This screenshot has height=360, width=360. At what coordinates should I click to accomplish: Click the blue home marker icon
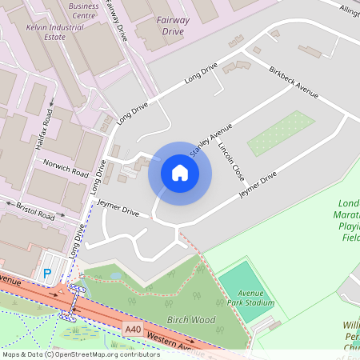click(180, 173)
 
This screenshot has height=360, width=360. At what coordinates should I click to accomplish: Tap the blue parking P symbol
click(47, 274)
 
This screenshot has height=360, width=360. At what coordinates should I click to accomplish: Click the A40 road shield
click(133, 329)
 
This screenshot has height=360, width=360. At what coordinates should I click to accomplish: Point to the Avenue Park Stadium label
click(249, 297)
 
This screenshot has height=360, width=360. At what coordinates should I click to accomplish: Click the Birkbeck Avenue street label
click(294, 82)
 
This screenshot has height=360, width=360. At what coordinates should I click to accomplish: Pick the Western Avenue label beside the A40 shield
click(175, 341)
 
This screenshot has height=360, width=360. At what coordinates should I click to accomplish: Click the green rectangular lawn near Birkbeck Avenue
click(281, 134)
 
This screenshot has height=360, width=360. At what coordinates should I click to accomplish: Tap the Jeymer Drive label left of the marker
click(118, 209)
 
